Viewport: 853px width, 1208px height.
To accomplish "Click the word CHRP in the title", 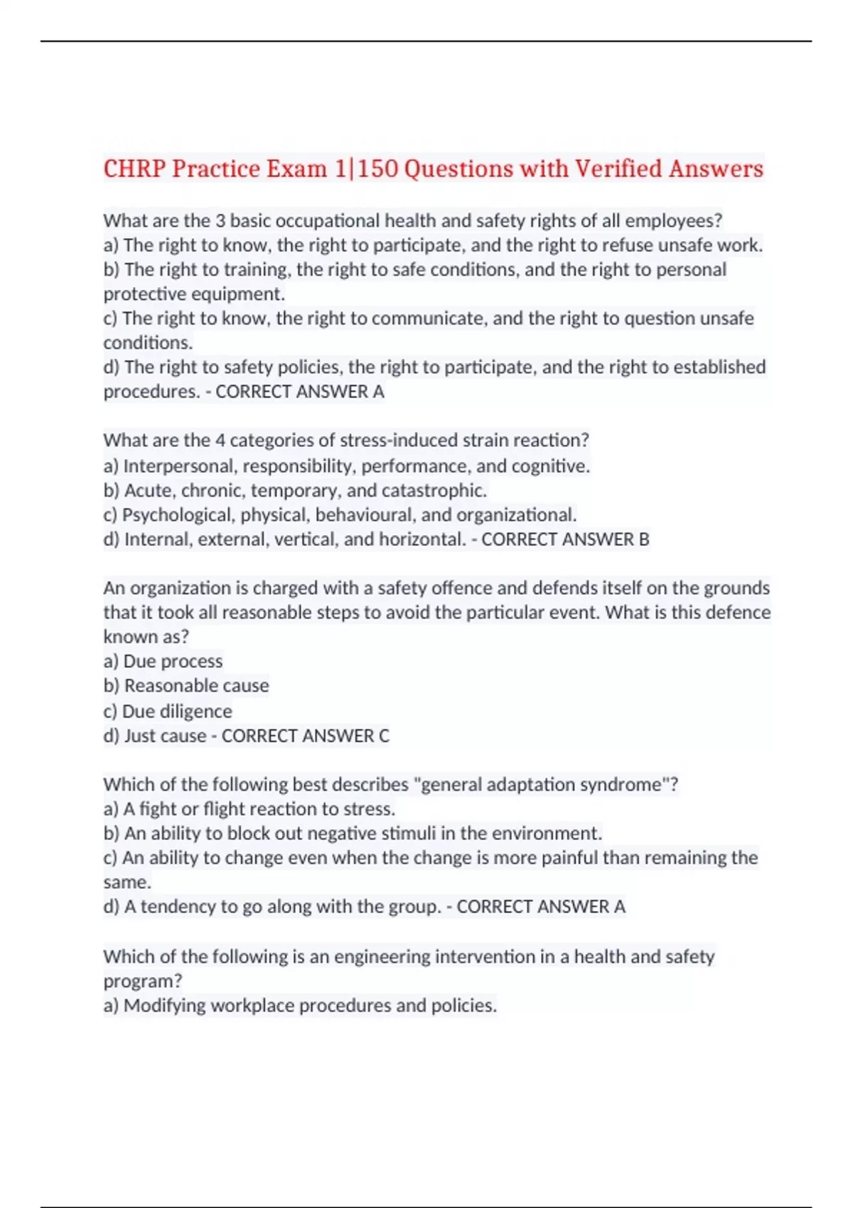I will (x=134, y=169).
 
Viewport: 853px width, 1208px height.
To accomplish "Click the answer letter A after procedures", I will (x=378, y=392).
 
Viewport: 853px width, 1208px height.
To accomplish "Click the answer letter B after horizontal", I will (x=643, y=539).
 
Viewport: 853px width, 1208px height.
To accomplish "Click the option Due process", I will (x=173, y=662).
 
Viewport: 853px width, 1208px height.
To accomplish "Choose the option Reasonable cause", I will (x=196, y=686).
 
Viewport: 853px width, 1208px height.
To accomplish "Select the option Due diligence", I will (x=177, y=711).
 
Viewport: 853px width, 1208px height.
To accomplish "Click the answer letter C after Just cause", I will (x=384, y=735).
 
